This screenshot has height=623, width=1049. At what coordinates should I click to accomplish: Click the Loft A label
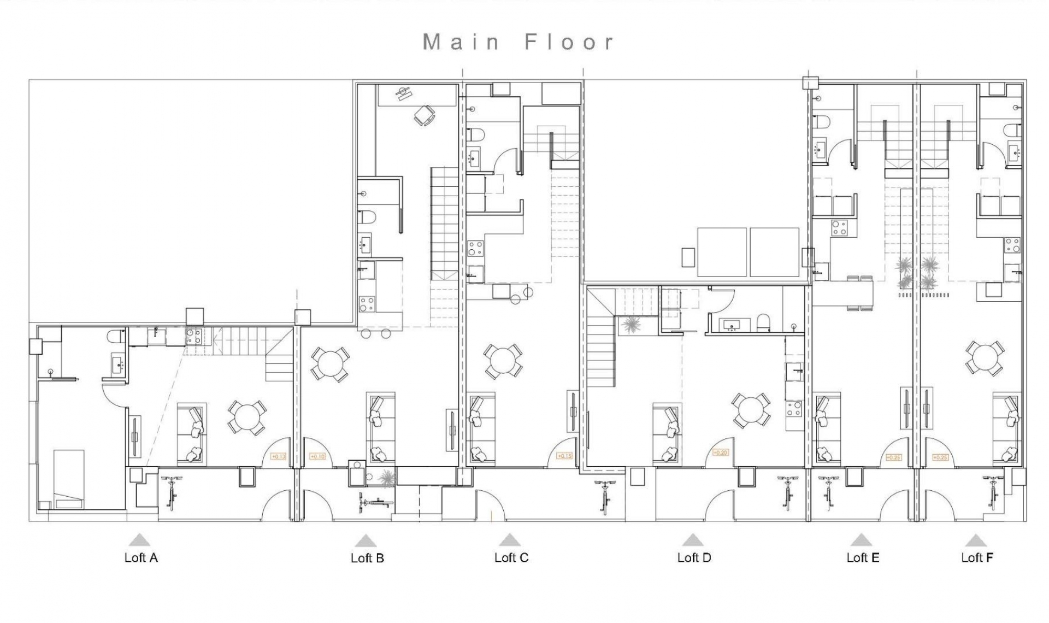point(141,557)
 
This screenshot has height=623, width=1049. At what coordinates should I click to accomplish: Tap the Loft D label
point(694,557)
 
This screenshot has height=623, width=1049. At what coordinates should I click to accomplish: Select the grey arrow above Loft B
point(366,541)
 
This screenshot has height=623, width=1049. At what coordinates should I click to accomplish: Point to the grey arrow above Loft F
point(976,540)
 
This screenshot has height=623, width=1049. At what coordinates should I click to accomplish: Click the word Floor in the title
point(570,42)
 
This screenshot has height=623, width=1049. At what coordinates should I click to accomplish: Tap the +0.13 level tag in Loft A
point(278,456)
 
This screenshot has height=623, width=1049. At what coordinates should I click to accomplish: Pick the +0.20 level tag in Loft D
point(721,452)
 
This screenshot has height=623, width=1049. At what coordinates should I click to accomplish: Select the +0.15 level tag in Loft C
point(564,456)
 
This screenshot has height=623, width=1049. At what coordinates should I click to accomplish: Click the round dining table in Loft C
point(503,361)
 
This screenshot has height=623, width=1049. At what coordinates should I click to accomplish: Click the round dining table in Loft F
point(984,358)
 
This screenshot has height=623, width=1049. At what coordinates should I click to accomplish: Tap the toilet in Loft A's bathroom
point(115,336)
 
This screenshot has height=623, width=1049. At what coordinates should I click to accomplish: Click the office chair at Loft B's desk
point(424,115)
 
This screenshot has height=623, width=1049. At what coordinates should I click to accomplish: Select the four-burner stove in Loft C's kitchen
point(475,249)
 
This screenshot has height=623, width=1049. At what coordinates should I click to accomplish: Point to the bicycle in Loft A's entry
point(172,492)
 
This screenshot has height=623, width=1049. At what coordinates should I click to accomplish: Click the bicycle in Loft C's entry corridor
point(605,496)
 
